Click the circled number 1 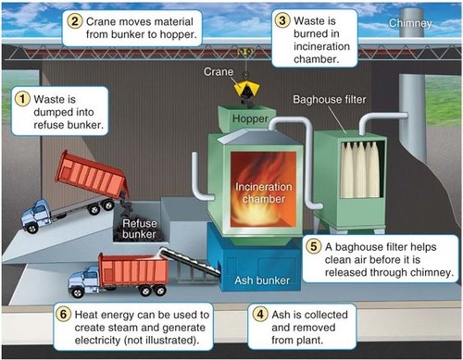(23, 99)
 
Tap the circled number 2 (75, 22)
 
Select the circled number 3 (282, 21)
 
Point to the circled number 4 (260, 314)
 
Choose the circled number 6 (63, 314)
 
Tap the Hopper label (250, 119)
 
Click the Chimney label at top (410, 23)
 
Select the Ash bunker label (262, 280)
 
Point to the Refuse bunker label (139, 229)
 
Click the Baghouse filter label (329, 99)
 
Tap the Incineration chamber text (264, 193)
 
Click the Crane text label (218, 72)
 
